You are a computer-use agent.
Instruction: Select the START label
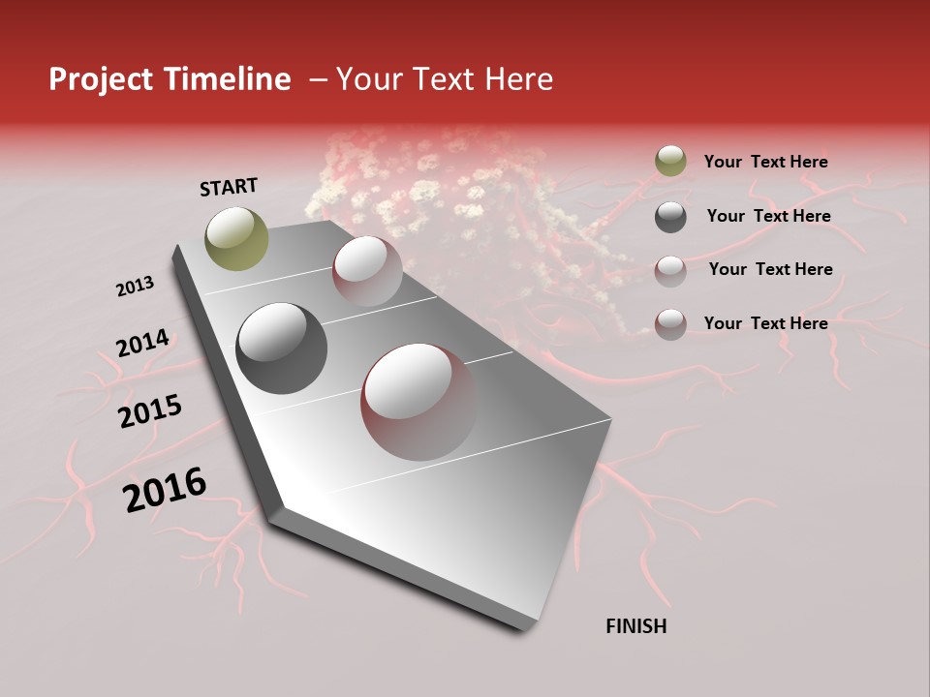pos(229,187)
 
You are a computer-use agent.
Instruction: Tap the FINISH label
pos(636,626)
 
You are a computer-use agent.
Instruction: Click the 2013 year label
pos(135,287)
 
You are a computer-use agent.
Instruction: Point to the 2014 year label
pos(142,343)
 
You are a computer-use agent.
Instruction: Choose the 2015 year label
pos(150,411)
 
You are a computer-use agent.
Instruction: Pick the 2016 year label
pos(165,490)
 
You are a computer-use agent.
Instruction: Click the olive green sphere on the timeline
pos(237,238)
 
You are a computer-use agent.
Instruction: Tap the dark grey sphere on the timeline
pos(281,348)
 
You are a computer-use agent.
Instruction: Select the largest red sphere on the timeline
pos(418,402)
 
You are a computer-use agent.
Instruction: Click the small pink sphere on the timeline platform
pos(367,271)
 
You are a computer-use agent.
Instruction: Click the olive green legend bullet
pos(670,162)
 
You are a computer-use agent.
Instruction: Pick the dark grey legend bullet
pos(670,217)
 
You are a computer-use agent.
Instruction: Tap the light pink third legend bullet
pos(670,270)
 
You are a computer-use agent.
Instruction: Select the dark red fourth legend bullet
pos(670,324)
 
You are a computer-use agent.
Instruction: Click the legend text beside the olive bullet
pos(765,162)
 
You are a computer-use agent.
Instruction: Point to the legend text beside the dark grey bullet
pos(768,216)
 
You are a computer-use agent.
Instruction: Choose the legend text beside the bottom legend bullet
pos(765,323)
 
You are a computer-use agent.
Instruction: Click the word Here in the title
pos(519,80)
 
